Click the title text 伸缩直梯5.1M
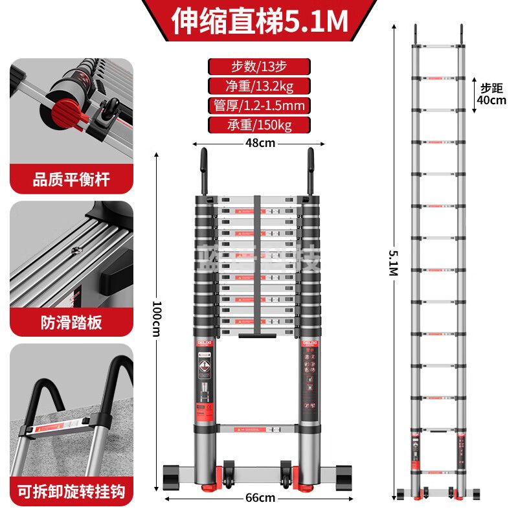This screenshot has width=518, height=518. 259,22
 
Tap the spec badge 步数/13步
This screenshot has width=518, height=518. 259,67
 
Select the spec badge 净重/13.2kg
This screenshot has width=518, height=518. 259,86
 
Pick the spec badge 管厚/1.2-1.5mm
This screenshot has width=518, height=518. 259,106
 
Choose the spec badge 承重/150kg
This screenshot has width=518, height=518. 259,125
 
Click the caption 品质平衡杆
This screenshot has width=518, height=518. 71,180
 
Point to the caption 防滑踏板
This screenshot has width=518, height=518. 71,322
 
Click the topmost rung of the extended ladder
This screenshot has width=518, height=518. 437,47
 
